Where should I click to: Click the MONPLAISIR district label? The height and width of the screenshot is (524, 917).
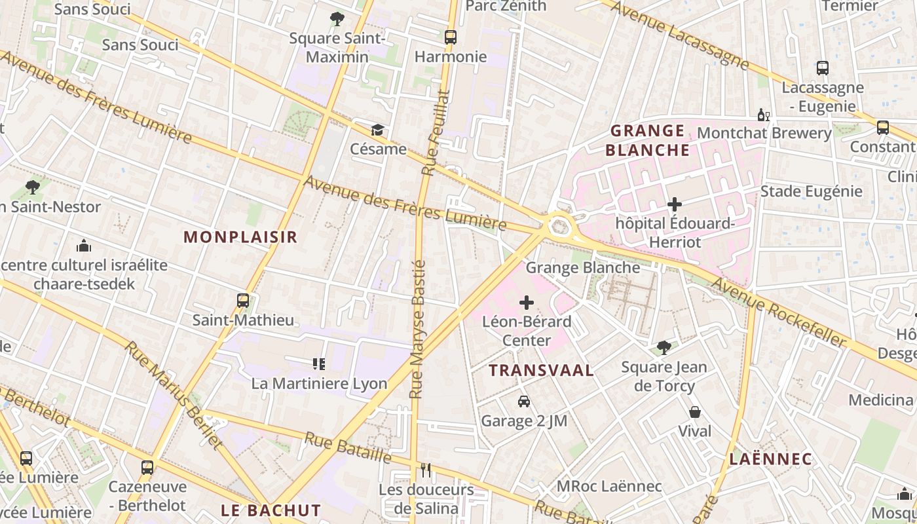[x=240, y=237]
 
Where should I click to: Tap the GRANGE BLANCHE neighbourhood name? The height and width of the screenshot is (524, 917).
[x=647, y=140]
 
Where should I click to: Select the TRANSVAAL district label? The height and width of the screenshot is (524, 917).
[x=542, y=370]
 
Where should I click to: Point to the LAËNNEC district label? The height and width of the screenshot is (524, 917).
[x=770, y=459]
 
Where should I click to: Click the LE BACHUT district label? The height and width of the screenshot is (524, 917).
[x=271, y=510]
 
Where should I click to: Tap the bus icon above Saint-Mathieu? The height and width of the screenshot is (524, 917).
[x=243, y=301]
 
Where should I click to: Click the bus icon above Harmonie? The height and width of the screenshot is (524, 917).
[x=451, y=37]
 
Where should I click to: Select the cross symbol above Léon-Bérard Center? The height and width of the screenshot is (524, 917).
[x=527, y=303]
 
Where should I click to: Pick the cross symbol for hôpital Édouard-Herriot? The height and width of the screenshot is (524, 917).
[x=675, y=204]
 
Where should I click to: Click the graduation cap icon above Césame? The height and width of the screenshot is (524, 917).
[x=377, y=130]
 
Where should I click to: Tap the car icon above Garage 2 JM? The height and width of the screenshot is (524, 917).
[x=524, y=402]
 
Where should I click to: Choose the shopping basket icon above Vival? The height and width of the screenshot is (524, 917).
[x=694, y=412]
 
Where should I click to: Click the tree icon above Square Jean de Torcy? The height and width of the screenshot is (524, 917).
[x=664, y=347]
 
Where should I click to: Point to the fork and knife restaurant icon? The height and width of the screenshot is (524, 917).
[x=426, y=470]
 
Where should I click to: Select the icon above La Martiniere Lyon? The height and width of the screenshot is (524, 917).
[x=319, y=364]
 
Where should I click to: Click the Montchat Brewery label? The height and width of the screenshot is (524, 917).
[x=764, y=133]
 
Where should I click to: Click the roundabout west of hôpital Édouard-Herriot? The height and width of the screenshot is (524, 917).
[x=559, y=227]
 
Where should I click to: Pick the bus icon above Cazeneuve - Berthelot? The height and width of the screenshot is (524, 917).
[x=147, y=468]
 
